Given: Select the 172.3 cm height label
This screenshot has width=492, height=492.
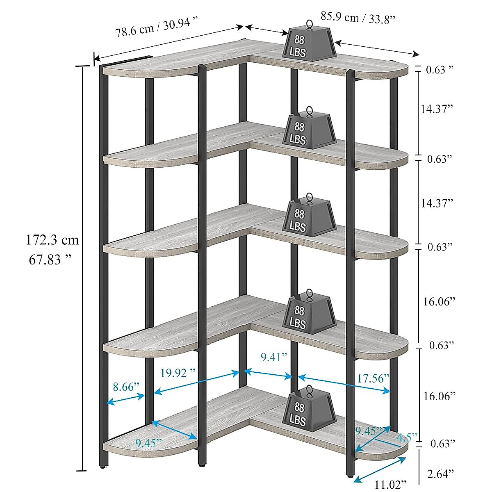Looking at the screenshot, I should [52, 240].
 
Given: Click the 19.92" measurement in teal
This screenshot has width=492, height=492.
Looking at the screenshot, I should [178, 373].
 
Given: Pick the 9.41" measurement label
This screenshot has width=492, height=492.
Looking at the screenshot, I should [274, 357].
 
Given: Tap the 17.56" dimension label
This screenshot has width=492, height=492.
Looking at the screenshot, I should [373, 378].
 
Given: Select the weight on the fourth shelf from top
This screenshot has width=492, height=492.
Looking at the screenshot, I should [309, 313].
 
